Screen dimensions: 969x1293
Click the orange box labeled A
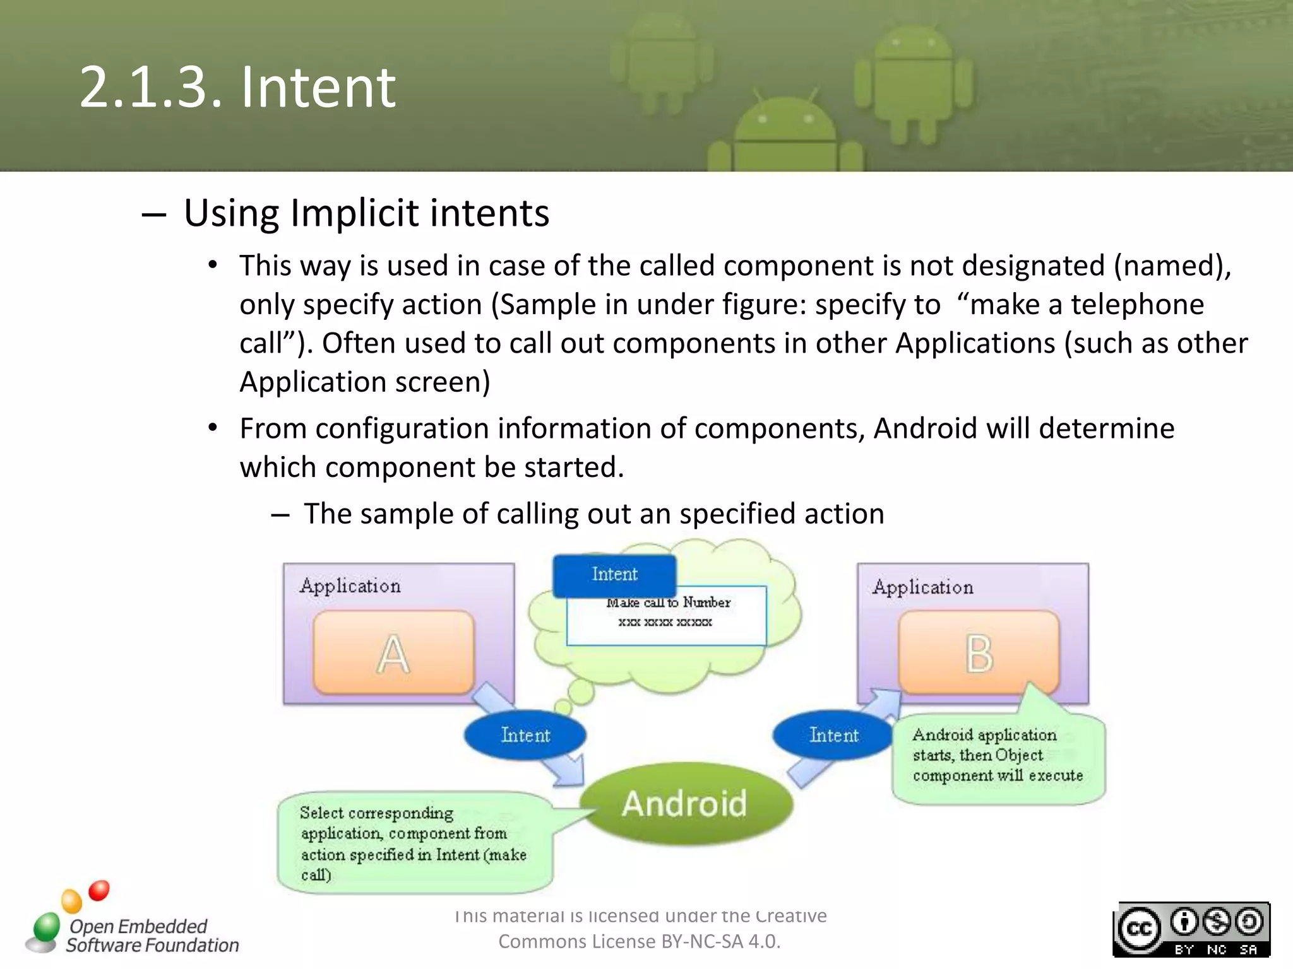(x=393, y=653)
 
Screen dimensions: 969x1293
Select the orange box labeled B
(x=979, y=653)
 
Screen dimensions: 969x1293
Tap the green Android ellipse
(x=686, y=804)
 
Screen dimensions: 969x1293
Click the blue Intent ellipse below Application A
(x=525, y=735)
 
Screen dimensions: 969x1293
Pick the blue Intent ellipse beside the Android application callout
(x=833, y=735)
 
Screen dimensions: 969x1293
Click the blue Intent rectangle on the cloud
(x=614, y=574)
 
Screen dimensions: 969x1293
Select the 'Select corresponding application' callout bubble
(x=414, y=843)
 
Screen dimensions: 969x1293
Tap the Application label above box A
(x=350, y=586)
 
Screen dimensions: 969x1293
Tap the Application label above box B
(x=923, y=587)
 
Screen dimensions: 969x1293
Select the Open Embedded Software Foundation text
(x=152, y=936)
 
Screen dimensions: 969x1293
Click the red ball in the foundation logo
(x=99, y=890)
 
